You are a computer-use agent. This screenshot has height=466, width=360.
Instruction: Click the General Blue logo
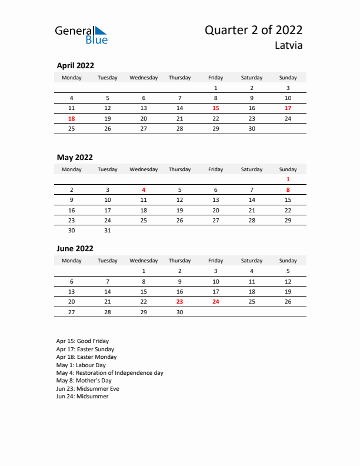pos(81,35)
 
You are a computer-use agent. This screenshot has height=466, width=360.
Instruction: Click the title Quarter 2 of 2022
pos(254,31)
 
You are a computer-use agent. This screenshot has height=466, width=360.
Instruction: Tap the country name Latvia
pos(288,45)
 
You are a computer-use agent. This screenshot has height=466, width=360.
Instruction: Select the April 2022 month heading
pos(75,66)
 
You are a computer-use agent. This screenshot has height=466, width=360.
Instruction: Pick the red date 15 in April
pos(216,108)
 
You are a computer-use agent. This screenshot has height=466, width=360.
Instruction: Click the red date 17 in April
pos(288,108)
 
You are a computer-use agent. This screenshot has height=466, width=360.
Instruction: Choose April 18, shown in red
pos(72,118)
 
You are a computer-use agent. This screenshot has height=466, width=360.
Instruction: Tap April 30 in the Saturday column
pos(252,128)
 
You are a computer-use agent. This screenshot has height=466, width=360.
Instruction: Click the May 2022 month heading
pos(75,157)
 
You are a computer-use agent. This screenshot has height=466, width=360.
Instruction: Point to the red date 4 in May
pos(144,190)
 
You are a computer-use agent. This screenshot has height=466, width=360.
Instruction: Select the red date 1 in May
pos(288,179)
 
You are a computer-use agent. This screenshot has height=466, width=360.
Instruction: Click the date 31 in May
pos(108,231)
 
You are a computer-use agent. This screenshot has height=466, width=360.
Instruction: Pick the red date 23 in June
pos(179,302)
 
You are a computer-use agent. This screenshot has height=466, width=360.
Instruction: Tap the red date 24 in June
pos(216,302)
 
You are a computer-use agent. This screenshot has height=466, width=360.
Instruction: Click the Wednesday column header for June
pos(144,260)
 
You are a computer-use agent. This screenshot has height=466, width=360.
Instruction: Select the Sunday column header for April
pos(288,77)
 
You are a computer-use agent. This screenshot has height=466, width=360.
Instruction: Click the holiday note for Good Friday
pos(82,341)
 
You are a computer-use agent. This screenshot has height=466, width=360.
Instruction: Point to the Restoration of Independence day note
pos(110,373)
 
